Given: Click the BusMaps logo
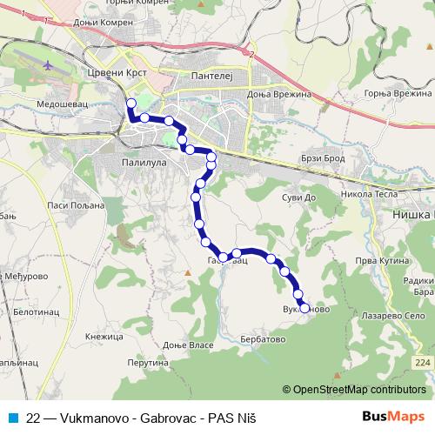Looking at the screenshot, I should pos(399,417).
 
